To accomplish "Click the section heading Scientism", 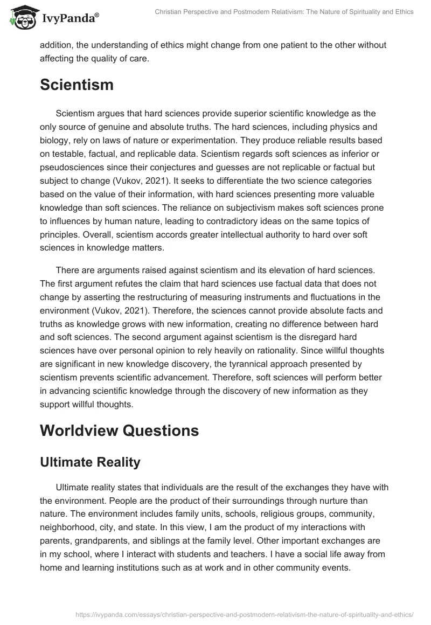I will [77, 85].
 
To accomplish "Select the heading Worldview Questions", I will [119, 430].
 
